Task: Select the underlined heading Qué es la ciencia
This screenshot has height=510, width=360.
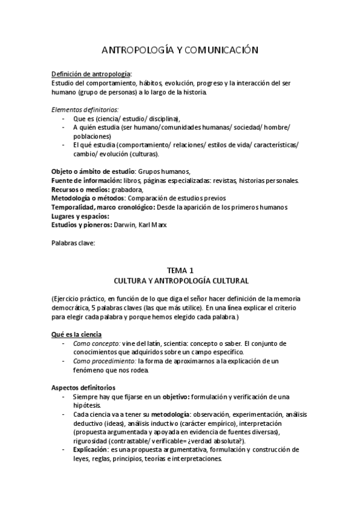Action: (x=77, y=334)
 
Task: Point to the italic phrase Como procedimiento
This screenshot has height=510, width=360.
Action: (x=104, y=360)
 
